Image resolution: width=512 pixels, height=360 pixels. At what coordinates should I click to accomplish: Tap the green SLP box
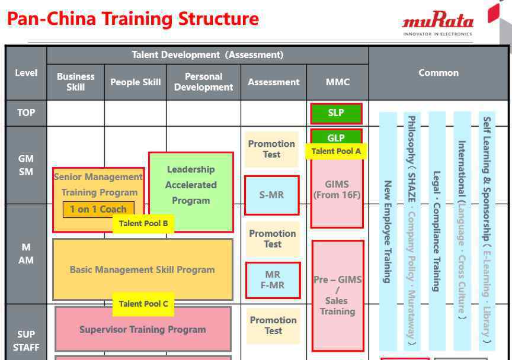coord(336,113)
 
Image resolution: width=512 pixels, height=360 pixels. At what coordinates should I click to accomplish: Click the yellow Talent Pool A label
coord(336,152)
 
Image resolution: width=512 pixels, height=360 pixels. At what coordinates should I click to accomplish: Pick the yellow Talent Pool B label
coord(143,224)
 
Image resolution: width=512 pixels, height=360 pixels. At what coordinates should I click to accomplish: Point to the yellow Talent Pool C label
coord(143,304)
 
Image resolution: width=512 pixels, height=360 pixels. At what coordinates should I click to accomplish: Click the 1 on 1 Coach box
coord(98,209)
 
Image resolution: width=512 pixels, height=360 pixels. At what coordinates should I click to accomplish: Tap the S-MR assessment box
coord(271,195)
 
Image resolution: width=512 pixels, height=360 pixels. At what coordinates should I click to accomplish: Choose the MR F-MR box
coord(273,280)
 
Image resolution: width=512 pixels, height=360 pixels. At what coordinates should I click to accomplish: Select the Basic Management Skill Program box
coord(143,269)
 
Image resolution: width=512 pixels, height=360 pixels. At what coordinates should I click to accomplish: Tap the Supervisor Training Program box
coord(143,329)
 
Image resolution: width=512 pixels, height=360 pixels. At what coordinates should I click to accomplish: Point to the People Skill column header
coord(136,82)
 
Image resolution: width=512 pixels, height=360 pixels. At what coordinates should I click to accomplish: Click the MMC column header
coord(338,82)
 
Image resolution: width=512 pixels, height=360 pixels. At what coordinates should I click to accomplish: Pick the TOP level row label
coord(26,113)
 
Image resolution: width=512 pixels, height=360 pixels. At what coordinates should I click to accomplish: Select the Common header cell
coord(438,73)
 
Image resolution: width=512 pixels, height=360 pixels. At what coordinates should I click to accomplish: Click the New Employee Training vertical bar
coord(388,232)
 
